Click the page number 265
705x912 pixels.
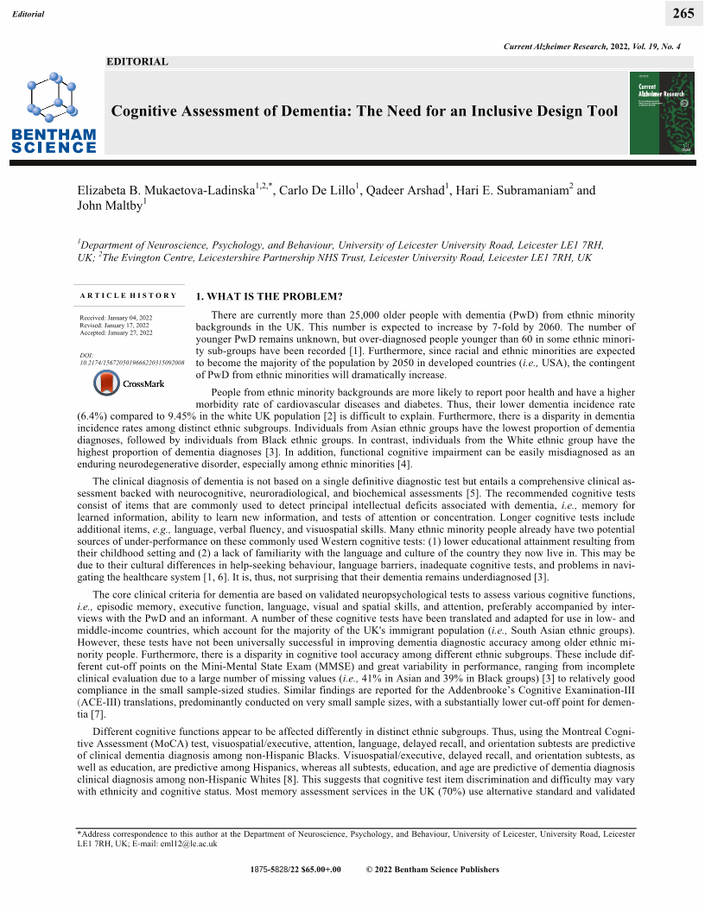pyautogui.click(x=683, y=13)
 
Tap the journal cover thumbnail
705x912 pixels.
pyautogui.click(x=662, y=113)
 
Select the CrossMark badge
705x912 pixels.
pyautogui.click(x=122, y=383)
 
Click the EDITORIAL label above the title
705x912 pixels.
pyautogui.click(x=137, y=62)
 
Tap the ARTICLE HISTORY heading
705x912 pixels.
pyautogui.click(x=128, y=296)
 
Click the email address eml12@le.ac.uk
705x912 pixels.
pyautogui.click(x=196, y=844)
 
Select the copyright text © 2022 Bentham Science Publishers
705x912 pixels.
pyautogui.click(x=432, y=870)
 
